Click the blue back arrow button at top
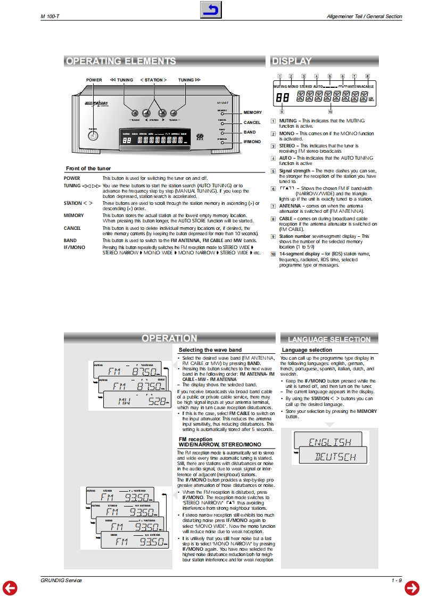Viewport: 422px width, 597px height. [x=211, y=10]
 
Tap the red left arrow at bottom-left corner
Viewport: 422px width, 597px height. [x=10, y=587]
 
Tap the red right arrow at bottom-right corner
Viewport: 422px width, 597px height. [x=412, y=587]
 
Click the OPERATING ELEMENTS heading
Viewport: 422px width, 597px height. [x=121, y=61]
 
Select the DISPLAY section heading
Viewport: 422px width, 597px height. [x=292, y=61]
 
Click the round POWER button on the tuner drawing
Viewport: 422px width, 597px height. [x=94, y=136]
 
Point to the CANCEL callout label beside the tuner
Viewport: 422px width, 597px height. [x=252, y=123]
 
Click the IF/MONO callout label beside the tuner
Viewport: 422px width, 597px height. [x=252, y=142]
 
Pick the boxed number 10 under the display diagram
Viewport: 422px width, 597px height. [x=330, y=112]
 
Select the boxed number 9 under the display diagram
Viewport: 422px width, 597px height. [x=282, y=112]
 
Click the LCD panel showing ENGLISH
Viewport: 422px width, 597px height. [x=330, y=441]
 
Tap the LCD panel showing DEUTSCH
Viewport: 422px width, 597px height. [x=335, y=456]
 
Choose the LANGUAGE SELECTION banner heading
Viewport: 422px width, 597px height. [x=329, y=339]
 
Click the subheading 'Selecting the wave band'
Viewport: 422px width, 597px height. [x=210, y=350]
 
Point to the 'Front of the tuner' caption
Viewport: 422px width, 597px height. [x=88, y=169]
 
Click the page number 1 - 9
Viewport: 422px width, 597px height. [x=396, y=580]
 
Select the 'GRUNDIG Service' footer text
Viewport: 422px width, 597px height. [x=61, y=580]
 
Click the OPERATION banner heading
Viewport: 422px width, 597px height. [x=169, y=338]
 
